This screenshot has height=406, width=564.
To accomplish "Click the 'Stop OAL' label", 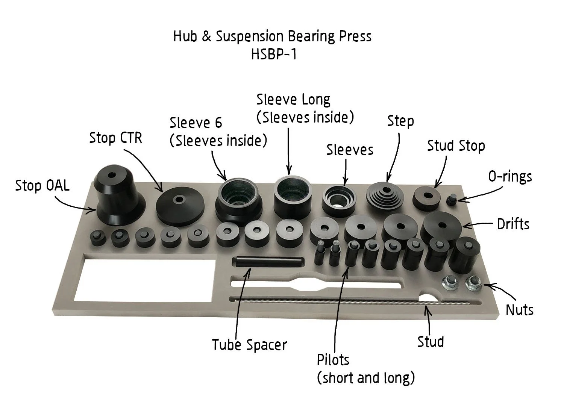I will [42, 186].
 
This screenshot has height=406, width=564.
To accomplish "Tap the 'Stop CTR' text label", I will [115, 138].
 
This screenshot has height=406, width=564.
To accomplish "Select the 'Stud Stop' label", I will [456, 146].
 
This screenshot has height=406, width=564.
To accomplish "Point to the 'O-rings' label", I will [510, 176].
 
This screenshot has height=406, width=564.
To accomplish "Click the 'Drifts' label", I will [513, 224].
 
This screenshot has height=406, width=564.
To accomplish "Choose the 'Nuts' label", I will [519, 310].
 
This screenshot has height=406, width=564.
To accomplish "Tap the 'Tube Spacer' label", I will [249, 345].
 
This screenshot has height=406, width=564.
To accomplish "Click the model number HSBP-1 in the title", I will [273, 55].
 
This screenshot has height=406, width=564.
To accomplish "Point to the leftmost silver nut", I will [450, 283].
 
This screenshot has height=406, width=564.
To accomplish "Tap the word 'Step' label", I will [400, 121].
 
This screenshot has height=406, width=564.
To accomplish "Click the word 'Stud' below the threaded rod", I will [431, 342].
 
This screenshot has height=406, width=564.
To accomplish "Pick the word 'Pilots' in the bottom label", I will [333, 360].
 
